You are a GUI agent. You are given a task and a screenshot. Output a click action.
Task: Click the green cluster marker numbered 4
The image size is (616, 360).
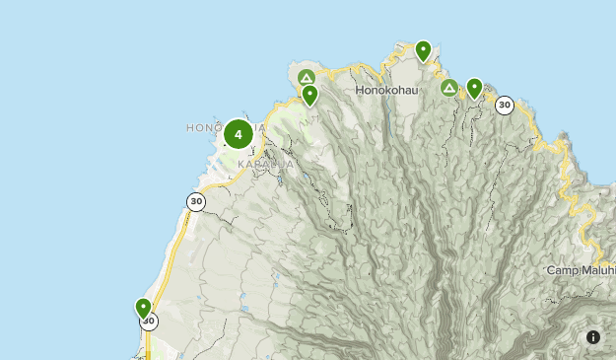(238, 134)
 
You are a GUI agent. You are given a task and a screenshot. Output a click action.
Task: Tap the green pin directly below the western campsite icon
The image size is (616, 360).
(309, 95)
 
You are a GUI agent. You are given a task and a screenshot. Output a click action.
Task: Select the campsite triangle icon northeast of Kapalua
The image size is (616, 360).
(307, 77)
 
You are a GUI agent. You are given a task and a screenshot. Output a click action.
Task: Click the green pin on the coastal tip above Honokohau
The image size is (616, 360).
(423, 49)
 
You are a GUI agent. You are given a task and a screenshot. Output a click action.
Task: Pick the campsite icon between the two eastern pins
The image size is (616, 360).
(449, 89)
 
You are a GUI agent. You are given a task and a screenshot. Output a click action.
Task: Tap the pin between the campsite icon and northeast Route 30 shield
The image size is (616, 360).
(474, 89)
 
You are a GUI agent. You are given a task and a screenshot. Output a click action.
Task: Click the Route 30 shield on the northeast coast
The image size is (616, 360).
(505, 105)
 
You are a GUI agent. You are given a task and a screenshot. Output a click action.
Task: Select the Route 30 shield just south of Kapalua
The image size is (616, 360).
(196, 201)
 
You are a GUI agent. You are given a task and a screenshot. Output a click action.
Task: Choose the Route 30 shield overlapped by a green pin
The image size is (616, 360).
(149, 322)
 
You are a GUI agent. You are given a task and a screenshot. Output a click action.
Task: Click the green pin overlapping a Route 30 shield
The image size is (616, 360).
(143, 308)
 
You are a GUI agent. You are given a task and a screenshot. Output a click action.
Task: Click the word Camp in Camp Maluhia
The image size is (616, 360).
(563, 269)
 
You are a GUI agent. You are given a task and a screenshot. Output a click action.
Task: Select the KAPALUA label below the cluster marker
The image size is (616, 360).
(264, 163)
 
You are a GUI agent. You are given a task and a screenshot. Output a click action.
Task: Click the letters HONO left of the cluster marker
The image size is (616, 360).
(203, 128)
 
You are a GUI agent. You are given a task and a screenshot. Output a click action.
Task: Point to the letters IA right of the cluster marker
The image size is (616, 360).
(259, 128)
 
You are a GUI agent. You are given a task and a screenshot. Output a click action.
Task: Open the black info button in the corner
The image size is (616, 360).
(593, 337)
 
